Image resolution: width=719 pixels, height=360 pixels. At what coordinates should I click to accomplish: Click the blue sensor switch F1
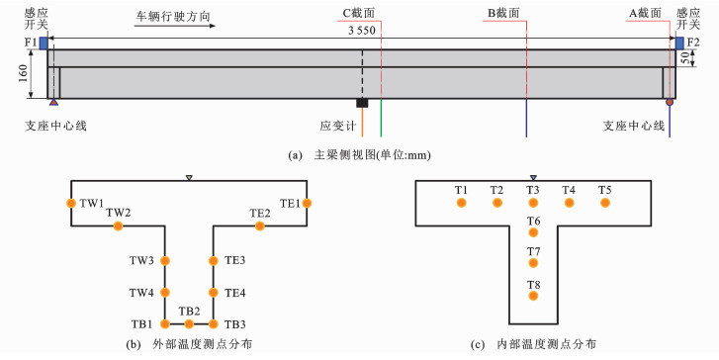(x=44, y=44)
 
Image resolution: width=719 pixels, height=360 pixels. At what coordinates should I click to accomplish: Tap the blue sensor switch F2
(x=679, y=44)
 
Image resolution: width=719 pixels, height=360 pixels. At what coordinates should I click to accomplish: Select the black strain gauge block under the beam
(x=362, y=103)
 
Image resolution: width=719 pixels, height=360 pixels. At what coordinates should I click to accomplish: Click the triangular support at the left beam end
(x=54, y=102)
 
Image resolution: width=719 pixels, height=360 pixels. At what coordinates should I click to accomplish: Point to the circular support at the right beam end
(x=670, y=102)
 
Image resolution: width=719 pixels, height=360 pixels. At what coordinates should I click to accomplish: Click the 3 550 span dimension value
(x=362, y=31)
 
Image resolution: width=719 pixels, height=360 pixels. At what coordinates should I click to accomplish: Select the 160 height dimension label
(x=23, y=73)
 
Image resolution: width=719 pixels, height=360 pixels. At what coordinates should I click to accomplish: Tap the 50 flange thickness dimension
(x=684, y=58)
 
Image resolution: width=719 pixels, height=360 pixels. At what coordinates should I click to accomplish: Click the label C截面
(x=359, y=13)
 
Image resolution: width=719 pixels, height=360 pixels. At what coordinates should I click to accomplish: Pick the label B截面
(x=503, y=13)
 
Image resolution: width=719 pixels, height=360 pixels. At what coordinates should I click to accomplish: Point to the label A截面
(x=645, y=13)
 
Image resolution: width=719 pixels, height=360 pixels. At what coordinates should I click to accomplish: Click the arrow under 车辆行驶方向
(x=175, y=26)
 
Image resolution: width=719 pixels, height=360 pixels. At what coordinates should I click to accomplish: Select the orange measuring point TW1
(x=71, y=203)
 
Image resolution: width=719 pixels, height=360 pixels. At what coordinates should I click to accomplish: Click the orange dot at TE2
(x=260, y=225)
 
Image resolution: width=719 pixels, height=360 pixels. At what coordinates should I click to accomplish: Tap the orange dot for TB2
(x=189, y=324)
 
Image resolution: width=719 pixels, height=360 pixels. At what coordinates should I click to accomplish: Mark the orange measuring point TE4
(x=214, y=292)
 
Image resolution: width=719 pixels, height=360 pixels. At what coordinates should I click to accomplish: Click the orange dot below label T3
(x=533, y=203)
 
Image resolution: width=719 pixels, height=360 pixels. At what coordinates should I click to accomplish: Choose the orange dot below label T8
(x=533, y=296)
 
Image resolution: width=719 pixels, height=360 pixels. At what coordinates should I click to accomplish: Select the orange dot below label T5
(x=605, y=203)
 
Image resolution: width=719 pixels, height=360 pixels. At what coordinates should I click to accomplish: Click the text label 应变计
(x=338, y=127)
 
